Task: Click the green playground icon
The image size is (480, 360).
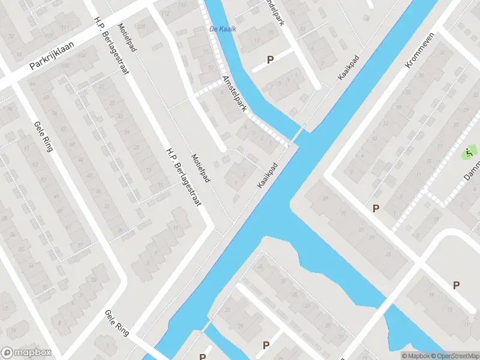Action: pyautogui.click(x=469, y=152)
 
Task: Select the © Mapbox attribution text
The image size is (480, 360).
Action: pyautogui.click(x=415, y=356)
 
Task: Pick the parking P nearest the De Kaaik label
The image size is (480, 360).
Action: pyautogui.click(x=270, y=59)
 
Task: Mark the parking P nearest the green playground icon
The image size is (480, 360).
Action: pyautogui.click(x=376, y=208)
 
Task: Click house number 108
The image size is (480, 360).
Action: pyautogui.click(x=142, y=26)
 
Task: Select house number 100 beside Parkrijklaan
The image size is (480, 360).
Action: pyautogui.click(x=66, y=65)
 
